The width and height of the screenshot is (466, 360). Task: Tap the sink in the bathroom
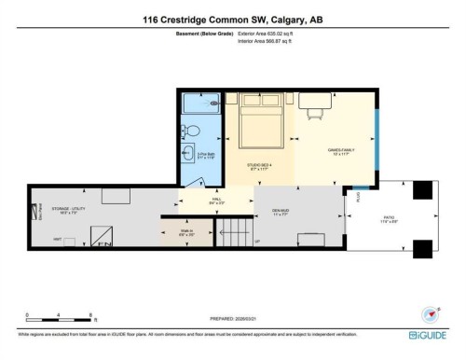tap(189, 154)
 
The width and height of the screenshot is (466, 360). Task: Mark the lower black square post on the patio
tap(422, 248)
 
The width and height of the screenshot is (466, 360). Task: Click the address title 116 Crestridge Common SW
tap(232, 18)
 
